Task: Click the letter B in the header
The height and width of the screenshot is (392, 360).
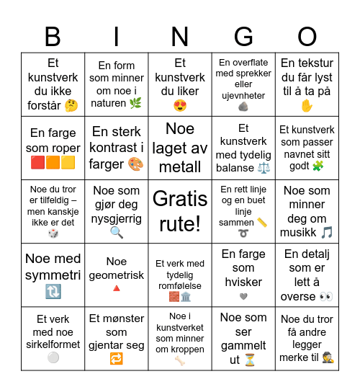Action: click(53, 36)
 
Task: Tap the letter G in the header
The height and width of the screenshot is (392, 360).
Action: click(244, 36)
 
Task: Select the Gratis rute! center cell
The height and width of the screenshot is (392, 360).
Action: click(180, 211)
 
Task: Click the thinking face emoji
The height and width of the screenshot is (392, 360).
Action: click(71, 106)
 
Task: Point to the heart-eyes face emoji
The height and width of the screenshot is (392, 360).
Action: click(180, 106)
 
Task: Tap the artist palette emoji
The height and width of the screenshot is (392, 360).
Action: click(135, 164)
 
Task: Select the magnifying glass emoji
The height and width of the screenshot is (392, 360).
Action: click(117, 232)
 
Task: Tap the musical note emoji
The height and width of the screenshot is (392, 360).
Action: click(327, 231)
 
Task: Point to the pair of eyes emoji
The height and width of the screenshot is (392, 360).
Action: click(326, 295)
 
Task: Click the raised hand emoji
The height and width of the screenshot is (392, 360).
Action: click(307, 106)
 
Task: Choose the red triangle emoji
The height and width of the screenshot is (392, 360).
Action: click(117, 289)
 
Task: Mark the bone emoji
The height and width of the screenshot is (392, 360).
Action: click(180, 360)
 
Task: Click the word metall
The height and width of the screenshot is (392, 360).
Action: click(180, 166)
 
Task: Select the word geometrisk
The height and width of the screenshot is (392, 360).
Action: click(117, 275)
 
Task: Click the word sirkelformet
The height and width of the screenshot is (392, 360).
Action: click(53, 344)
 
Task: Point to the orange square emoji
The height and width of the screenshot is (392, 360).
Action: click(53, 163)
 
